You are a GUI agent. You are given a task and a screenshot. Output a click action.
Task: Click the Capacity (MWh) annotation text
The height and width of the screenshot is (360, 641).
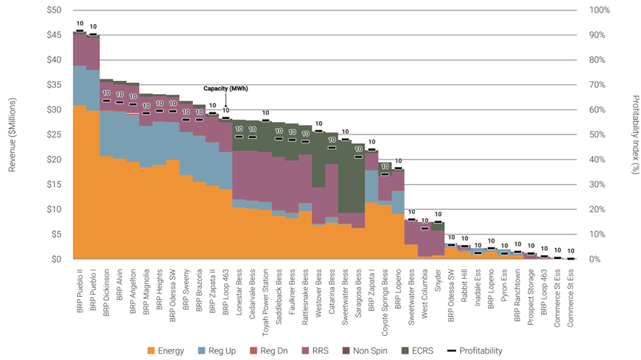pyautogui.click(x=226, y=89)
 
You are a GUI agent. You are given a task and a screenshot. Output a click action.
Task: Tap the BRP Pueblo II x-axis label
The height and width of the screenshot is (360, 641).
pyautogui.click(x=80, y=286)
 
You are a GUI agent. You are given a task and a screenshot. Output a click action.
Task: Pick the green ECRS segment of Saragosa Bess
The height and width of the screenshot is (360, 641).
pyautogui.click(x=358, y=177)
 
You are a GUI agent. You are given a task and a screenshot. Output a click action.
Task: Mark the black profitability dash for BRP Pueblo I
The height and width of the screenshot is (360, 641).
pyautogui.click(x=93, y=34)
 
